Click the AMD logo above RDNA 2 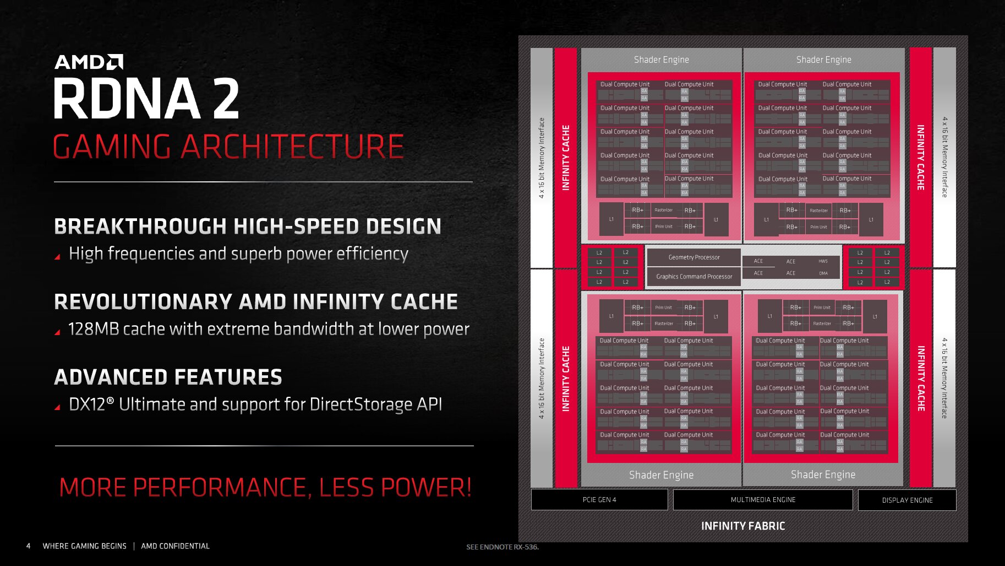point(89,62)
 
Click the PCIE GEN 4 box point(599,500)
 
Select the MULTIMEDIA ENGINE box point(763,500)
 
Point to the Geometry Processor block point(693,257)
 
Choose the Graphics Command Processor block point(693,277)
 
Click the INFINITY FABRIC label point(743,526)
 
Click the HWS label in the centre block point(823,261)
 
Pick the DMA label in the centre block point(823,273)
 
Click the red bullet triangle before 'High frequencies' point(57,257)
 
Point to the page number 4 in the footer point(29,546)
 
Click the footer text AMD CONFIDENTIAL point(175,546)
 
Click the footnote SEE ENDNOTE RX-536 point(502,547)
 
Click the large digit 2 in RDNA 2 point(226,99)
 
